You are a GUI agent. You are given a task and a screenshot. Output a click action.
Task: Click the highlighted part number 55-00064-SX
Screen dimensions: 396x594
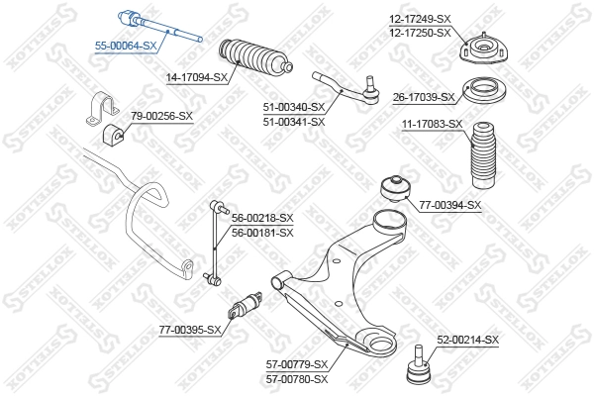click(x=126, y=46)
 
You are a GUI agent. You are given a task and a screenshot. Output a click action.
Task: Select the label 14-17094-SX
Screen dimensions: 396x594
click(x=197, y=76)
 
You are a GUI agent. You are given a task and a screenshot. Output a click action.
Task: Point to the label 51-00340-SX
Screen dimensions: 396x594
click(x=294, y=107)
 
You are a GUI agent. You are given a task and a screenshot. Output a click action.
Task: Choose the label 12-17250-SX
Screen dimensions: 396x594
click(x=419, y=34)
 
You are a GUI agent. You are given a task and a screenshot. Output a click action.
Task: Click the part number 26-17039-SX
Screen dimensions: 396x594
click(x=423, y=97)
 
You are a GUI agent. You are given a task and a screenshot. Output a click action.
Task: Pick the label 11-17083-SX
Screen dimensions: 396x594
click(x=432, y=124)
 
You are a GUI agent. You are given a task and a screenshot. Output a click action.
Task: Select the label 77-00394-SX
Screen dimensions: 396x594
click(x=448, y=205)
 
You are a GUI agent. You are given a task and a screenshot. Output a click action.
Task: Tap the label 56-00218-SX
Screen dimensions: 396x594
click(x=262, y=218)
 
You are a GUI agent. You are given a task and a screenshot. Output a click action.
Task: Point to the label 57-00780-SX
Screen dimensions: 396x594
click(x=298, y=378)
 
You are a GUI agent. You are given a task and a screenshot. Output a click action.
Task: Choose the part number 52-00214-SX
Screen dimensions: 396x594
click(x=468, y=340)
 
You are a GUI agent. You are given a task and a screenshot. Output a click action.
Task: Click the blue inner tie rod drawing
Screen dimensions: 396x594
click(x=158, y=26)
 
